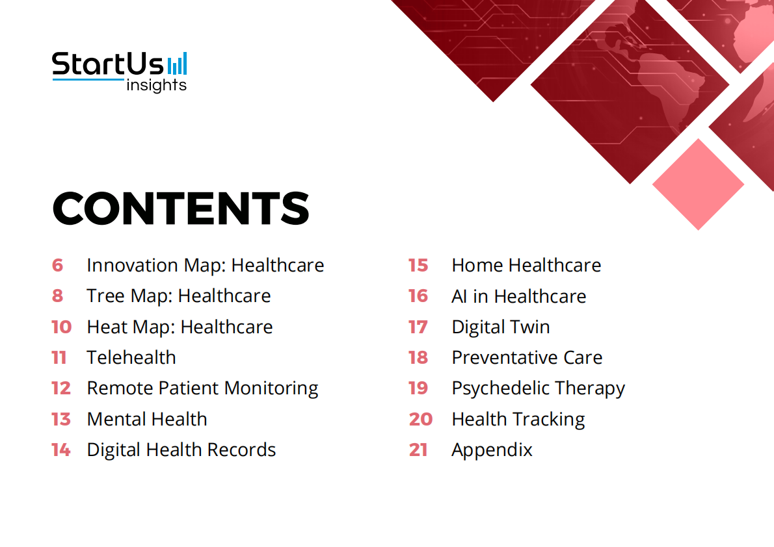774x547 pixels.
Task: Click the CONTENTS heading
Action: (181, 208)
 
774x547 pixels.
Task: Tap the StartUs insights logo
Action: (120, 71)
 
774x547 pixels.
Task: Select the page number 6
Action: (58, 265)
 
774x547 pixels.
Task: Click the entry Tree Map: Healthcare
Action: (179, 296)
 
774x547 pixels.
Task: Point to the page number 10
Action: (61, 327)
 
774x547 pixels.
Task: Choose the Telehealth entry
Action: (131, 357)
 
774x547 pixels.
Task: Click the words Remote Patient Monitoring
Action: (202, 388)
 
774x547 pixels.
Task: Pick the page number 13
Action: (61, 419)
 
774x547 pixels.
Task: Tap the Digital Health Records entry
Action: (181, 450)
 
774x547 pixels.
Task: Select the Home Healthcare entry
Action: (526, 265)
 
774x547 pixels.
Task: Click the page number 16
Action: (418, 296)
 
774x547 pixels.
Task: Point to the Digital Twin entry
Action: (501, 327)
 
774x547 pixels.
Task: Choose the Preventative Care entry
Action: (527, 357)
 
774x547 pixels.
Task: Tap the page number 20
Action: (421, 419)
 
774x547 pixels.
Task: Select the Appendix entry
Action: (492, 450)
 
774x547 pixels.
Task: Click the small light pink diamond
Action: (698, 184)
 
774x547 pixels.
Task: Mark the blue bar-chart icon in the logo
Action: (177, 64)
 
